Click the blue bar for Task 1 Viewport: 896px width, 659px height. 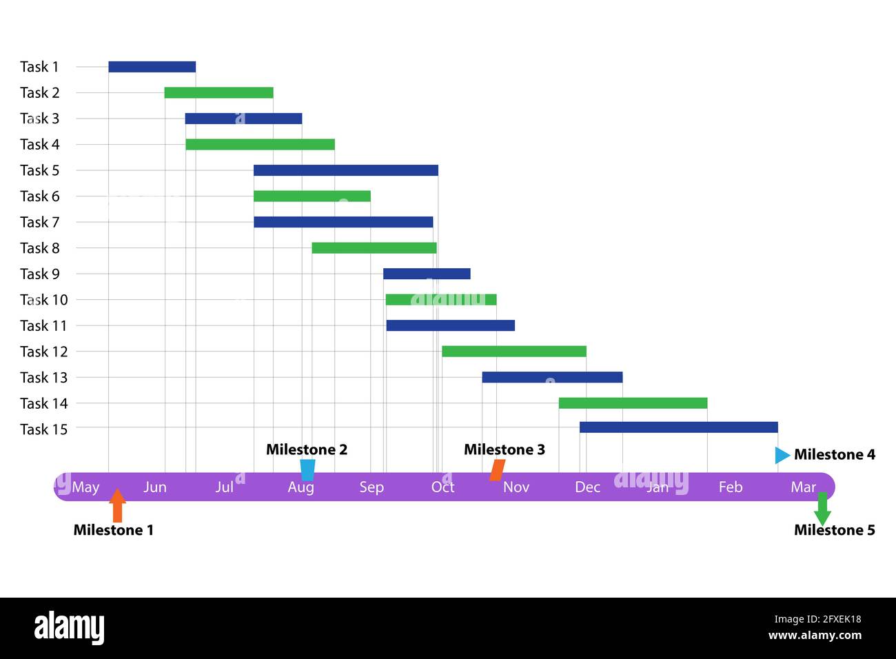point(152,67)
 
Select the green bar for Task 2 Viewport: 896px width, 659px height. point(218,92)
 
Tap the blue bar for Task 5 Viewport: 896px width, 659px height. point(345,170)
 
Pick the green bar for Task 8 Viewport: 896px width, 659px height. point(374,248)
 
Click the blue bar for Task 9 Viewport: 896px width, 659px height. point(427,274)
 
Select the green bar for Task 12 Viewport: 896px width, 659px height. point(513,352)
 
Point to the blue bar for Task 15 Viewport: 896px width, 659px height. point(678,427)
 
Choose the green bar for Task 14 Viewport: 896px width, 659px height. point(633,403)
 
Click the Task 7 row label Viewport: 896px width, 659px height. point(39,222)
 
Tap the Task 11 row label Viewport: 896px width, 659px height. point(43,325)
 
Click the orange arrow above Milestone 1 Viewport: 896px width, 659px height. point(117,505)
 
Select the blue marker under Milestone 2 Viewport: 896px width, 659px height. point(307,469)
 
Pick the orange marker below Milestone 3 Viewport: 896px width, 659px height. point(497,470)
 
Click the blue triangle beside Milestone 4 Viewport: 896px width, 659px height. point(782,455)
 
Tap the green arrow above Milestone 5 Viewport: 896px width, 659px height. point(822,509)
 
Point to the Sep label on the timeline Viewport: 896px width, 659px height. point(371,487)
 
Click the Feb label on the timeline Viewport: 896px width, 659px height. point(731,487)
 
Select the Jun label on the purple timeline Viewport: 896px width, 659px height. point(155,487)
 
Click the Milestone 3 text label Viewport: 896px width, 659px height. point(504,449)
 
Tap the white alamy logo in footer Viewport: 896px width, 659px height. point(70,627)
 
